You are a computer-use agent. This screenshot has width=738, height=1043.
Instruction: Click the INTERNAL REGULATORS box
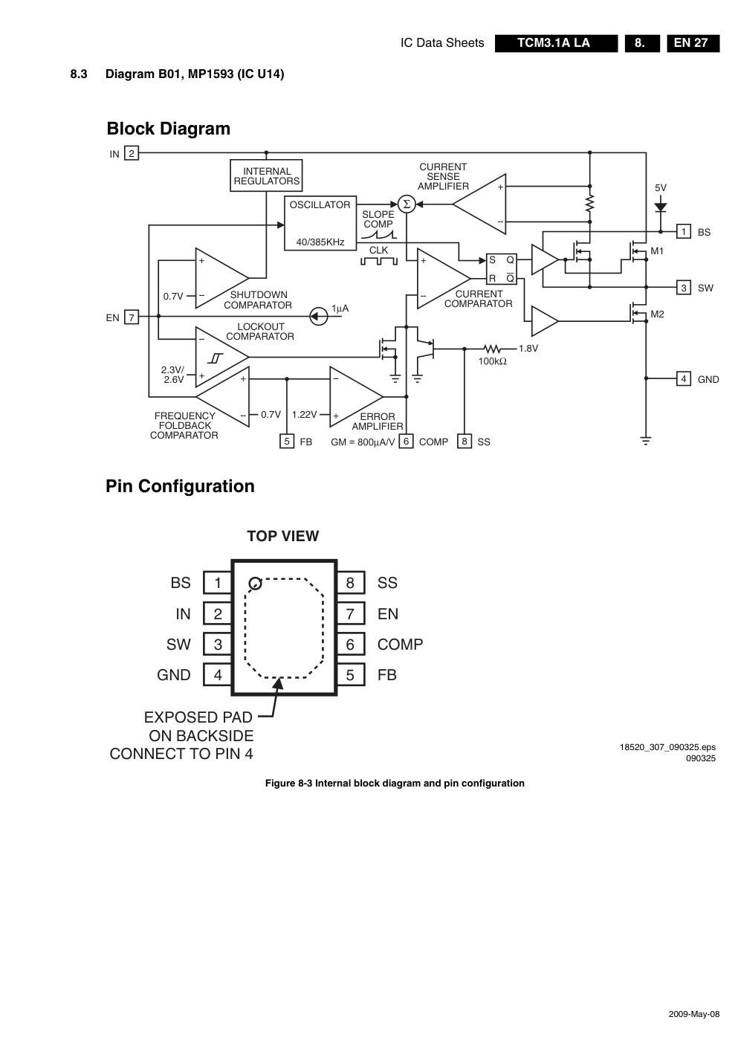[266, 175]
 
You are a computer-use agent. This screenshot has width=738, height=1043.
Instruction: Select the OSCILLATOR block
[320, 223]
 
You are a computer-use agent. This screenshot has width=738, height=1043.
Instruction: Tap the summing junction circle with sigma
[406, 204]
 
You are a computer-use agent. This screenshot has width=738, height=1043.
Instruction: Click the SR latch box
[502, 269]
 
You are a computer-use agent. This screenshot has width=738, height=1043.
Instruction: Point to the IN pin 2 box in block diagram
[132, 154]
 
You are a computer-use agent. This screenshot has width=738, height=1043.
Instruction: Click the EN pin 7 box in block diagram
[132, 317]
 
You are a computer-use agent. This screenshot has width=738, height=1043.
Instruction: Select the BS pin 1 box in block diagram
[684, 232]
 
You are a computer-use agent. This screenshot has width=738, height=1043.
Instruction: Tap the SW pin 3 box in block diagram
[684, 288]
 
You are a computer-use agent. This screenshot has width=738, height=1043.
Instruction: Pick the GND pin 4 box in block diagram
[684, 379]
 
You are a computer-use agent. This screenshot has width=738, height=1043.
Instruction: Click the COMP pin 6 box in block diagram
[406, 442]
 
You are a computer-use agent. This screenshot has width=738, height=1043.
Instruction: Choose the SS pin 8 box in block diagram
[465, 442]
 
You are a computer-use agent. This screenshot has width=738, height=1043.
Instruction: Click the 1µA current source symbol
[318, 317]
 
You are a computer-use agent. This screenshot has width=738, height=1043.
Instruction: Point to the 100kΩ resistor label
[492, 361]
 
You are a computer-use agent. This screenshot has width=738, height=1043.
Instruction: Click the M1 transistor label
[657, 251]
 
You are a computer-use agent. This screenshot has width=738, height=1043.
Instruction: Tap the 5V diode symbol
[660, 208]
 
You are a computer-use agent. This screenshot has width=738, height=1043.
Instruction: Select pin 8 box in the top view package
[350, 583]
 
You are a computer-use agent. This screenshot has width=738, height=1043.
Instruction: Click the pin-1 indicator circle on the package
[255, 583]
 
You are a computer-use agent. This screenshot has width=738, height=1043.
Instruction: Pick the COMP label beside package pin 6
[400, 645]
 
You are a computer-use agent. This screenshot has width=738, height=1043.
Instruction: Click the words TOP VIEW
[282, 536]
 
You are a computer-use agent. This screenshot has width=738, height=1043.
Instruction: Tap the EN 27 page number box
[692, 43]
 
